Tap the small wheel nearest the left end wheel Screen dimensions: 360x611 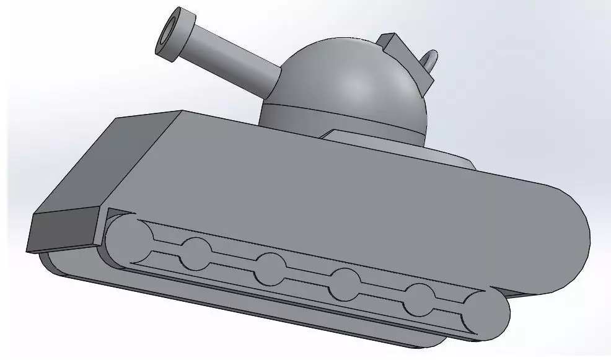(198, 253)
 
